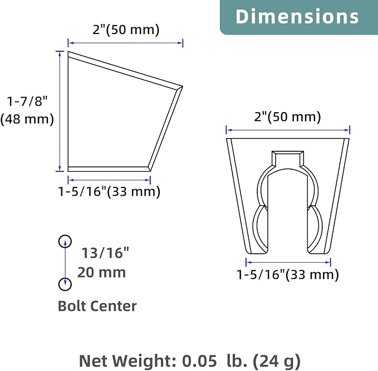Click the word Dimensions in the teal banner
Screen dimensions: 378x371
tap(297, 16)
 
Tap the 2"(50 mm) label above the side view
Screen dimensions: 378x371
tap(126, 30)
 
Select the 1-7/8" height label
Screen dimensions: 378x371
tap(27, 101)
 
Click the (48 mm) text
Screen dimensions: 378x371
tap(27, 119)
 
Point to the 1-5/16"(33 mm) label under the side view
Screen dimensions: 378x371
tap(109, 191)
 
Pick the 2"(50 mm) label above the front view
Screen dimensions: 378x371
tap(287, 117)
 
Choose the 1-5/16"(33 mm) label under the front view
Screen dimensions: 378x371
tap(288, 274)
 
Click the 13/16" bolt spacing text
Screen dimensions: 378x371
tap(105, 253)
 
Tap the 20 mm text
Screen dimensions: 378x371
tap(101, 273)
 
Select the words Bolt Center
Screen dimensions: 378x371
tap(97, 306)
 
